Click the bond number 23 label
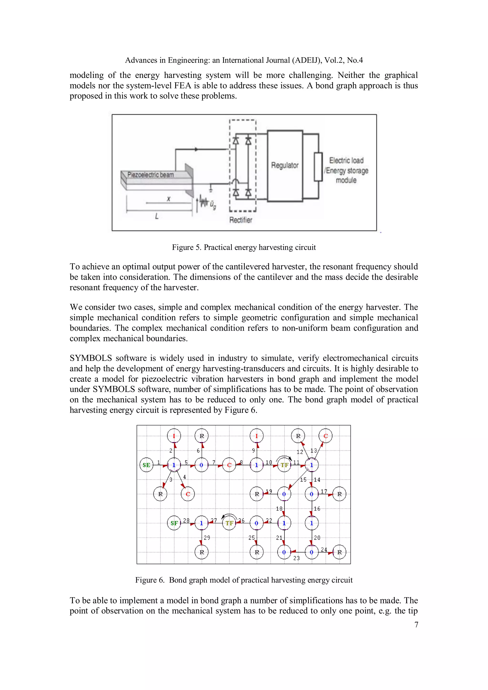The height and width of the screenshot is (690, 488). (296, 558)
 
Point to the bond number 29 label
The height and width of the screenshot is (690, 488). (207, 537)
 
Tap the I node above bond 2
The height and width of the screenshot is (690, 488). (174, 436)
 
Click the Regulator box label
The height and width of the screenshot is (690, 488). (285, 165)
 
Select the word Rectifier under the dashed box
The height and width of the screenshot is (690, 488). (240, 220)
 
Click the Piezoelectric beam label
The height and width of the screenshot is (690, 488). (150, 175)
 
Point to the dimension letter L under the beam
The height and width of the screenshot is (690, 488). (157, 216)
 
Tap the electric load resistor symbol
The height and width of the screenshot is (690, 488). (318, 167)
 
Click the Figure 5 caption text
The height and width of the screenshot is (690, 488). (244, 247)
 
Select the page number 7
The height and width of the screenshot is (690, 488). (416, 625)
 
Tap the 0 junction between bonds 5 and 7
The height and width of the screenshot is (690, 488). (201, 465)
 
